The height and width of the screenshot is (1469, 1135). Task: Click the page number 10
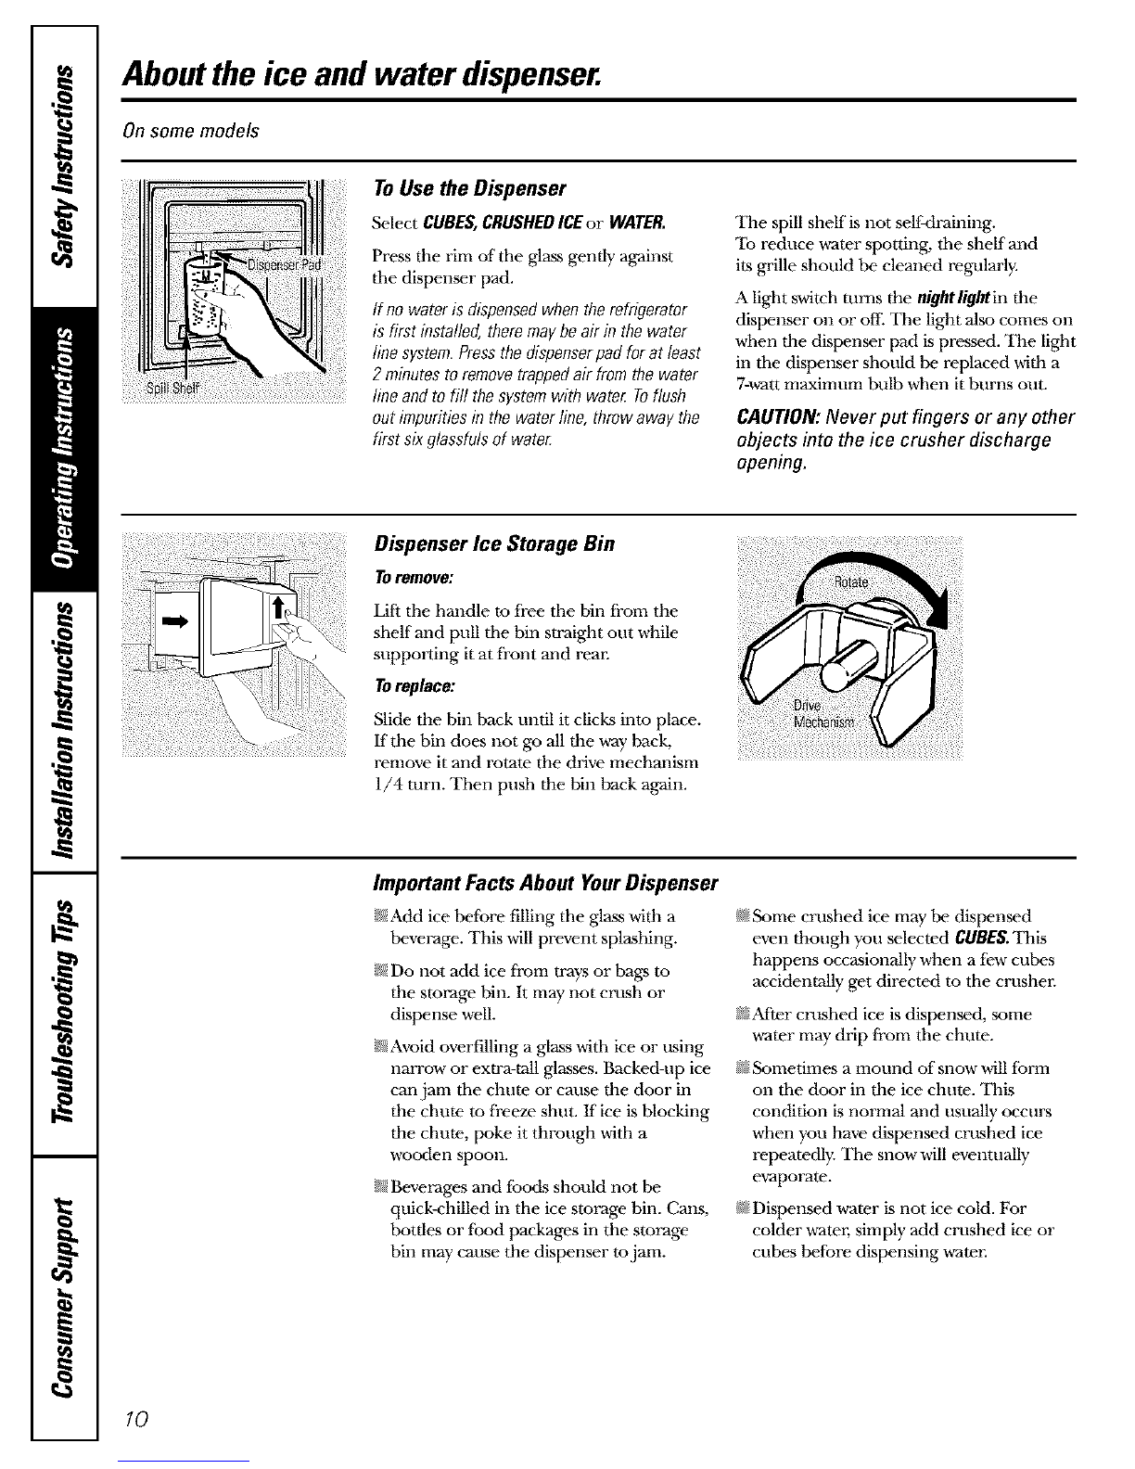pyautogui.click(x=136, y=1417)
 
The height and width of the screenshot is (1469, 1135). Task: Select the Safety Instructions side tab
pyautogui.click(x=64, y=166)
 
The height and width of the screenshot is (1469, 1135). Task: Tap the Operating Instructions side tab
pyautogui.click(x=64, y=449)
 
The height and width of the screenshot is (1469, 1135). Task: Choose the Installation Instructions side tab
pyautogui.click(x=64, y=732)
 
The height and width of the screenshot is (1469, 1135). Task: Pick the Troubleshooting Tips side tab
pyautogui.click(x=64, y=1014)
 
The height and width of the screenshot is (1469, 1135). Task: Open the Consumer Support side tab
pyautogui.click(x=64, y=1298)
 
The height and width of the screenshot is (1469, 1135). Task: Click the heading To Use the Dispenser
pyautogui.click(x=470, y=188)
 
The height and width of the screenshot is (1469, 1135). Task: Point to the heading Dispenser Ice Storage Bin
pyautogui.click(x=494, y=544)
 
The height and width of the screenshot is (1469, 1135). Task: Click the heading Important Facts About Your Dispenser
pyautogui.click(x=545, y=884)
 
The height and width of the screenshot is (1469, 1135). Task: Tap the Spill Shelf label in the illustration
pyautogui.click(x=173, y=388)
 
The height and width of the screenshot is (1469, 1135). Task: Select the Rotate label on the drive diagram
pyautogui.click(x=851, y=582)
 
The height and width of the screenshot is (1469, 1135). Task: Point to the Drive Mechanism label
pyautogui.click(x=823, y=714)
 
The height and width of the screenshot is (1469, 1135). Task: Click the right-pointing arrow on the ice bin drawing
pyautogui.click(x=173, y=622)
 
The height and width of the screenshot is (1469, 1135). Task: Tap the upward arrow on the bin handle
pyautogui.click(x=278, y=607)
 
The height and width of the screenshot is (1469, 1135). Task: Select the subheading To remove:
pyautogui.click(x=414, y=579)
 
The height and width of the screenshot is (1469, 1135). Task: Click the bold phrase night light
pyautogui.click(x=953, y=298)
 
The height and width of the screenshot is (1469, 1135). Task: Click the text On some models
pyautogui.click(x=191, y=131)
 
